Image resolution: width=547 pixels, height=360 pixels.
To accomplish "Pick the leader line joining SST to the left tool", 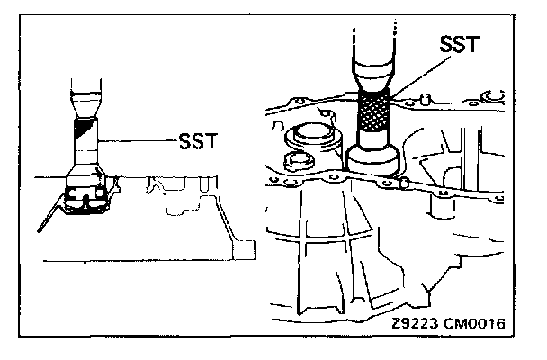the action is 135,140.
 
